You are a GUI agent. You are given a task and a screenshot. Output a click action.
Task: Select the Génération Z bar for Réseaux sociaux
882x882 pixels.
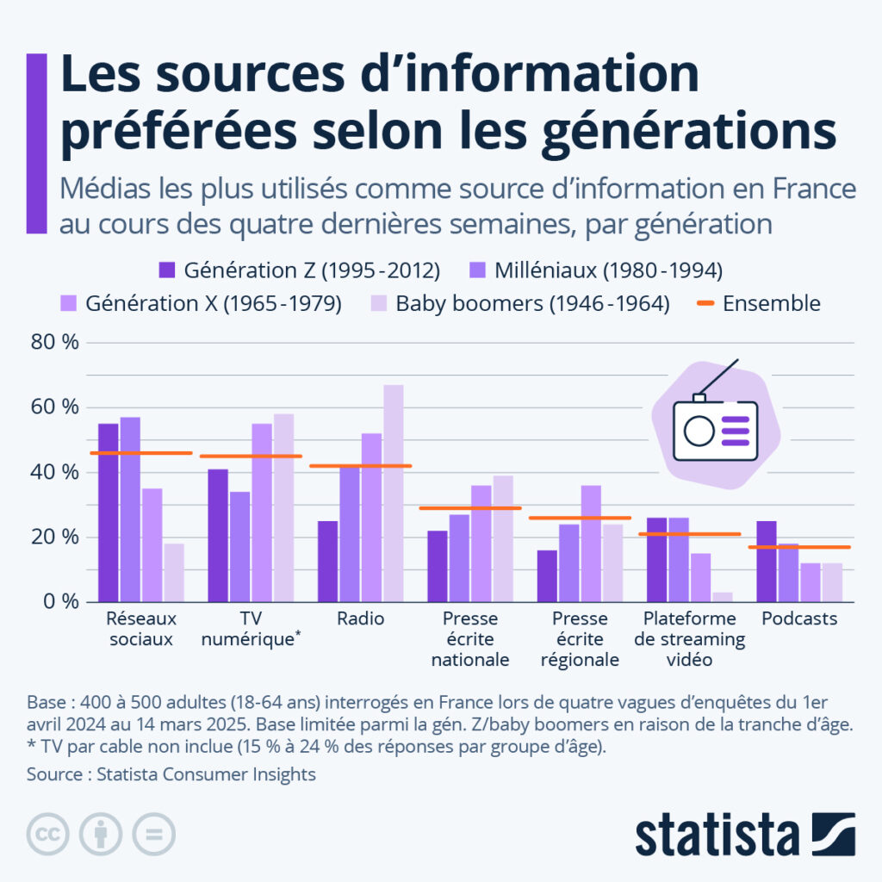click(109, 512)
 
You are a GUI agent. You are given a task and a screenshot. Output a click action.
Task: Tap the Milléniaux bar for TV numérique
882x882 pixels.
click(239, 546)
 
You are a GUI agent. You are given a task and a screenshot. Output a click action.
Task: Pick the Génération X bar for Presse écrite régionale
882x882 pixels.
click(591, 543)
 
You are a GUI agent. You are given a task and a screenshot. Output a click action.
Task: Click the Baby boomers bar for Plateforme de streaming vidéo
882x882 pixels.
click(722, 596)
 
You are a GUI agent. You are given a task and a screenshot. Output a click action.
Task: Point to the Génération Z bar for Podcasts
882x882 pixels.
click(767, 561)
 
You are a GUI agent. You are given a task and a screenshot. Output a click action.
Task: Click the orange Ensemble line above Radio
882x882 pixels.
click(361, 466)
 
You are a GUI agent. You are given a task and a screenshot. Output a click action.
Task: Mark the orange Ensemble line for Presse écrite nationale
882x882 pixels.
click(470, 508)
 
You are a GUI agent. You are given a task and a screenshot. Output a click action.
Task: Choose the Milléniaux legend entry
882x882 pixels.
click(595, 270)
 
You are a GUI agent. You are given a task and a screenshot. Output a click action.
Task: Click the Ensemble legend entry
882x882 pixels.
click(758, 303)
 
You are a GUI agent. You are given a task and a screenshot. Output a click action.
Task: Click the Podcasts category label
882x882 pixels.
click(799, 619)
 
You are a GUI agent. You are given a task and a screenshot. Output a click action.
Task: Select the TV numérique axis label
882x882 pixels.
click(252, 630)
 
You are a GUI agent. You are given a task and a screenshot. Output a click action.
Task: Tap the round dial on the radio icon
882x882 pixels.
click(699, 430)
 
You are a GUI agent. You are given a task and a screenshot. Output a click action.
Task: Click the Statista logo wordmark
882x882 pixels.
click(717, 834)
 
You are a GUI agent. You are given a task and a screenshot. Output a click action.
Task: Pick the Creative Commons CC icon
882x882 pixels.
click(48, 834)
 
